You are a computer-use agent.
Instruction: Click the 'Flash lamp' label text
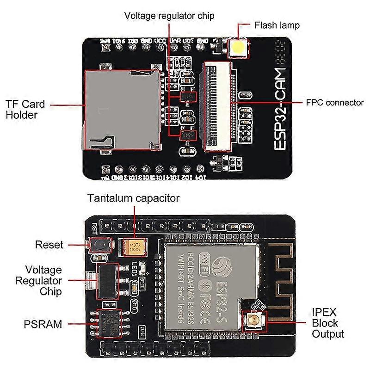click(x=277, y=25)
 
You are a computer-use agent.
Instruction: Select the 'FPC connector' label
click(x=335, y=103)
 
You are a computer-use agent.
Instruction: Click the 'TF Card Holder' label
click(x=28, y=109)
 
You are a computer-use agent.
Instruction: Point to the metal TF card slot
click(x=120, y=109)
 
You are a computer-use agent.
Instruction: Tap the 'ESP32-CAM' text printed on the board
click(x=281, y=109)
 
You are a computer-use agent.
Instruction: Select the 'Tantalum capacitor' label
click(x=133, y=198)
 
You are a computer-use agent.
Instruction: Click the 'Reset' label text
click(x=49, y=245)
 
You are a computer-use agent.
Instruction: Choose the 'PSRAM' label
click(x=43, y=324)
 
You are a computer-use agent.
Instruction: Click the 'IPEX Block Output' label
click(x=327, y=323)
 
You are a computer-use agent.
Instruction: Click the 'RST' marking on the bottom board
click(x=94, y=228)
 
